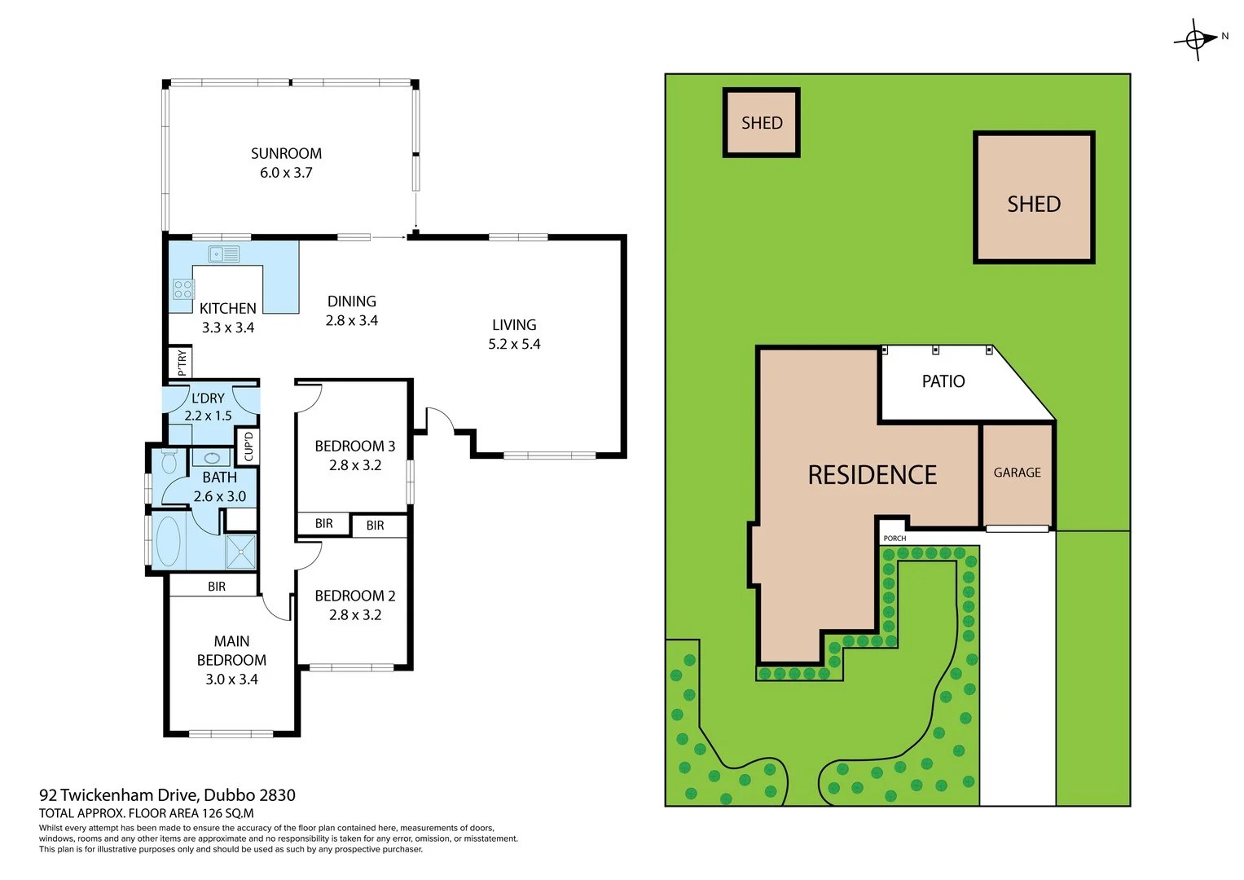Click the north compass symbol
click(1196, 38)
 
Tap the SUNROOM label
click(286, 153)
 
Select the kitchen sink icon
click(223, 254)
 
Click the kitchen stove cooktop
click(183, 289)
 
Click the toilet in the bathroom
click(169, 462)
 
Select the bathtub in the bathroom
click(168, 540)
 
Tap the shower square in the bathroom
click(240, 552)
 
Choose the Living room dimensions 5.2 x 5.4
click(514, 344)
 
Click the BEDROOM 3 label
click(354, 446)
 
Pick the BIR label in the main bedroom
click(217, 586)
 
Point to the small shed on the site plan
click(762, 123)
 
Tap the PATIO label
click(943, 381)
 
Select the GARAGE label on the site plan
click(1017, 473)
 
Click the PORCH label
click(895, 539)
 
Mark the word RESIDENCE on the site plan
click(872, 475)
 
